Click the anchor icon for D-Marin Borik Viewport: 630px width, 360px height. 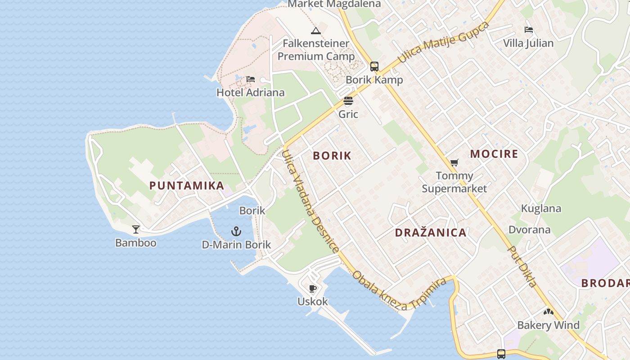(x=236, y=232)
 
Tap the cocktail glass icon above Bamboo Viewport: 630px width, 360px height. (x=136, y=229)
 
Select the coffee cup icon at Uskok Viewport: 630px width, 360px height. (x=313, y=288)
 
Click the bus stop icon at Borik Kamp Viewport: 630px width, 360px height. (x=374, y=67)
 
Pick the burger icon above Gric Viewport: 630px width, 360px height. (x=348, y=101)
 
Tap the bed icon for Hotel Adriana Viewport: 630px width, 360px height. (x=251, y=80)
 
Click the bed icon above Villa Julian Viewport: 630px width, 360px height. (x=529, y=30)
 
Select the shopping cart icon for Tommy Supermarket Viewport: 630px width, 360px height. (x=454, y=162)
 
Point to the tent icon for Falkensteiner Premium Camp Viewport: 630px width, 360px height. (x=316, y=31)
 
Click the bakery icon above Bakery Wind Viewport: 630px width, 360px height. (x=548, y=311)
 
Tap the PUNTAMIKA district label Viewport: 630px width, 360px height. (x=187, y=185)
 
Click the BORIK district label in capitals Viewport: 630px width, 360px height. (x=332, y=156)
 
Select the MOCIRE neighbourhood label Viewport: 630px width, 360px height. (x=494, y=154)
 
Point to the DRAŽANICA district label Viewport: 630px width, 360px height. (x=431, y=233)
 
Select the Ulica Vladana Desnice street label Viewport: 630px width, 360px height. (x=310, y=201)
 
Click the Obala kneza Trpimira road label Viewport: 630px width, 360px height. (x=400, y=290)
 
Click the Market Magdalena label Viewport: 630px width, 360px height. (x=334, y=4)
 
